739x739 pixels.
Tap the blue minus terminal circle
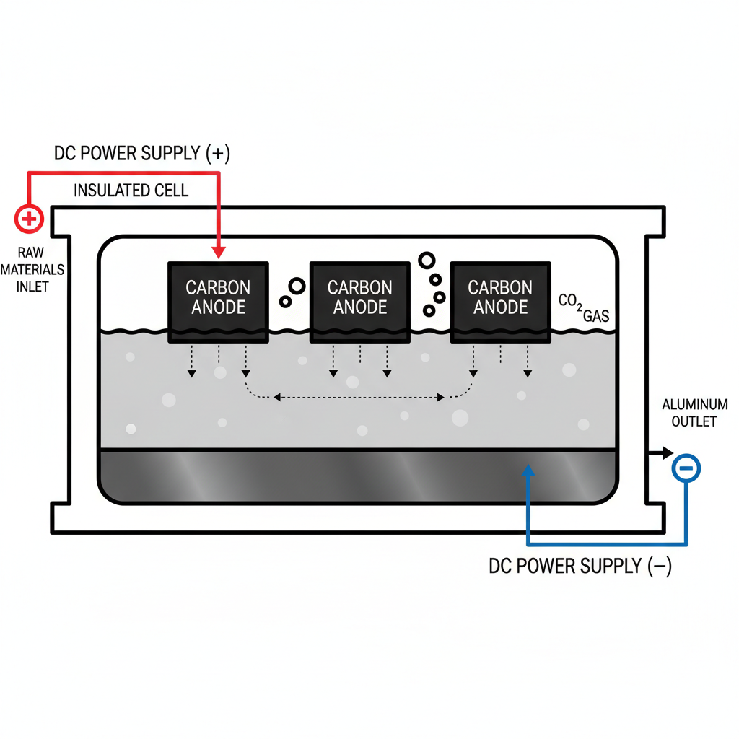(686, 469)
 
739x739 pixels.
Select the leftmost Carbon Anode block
(219, 299)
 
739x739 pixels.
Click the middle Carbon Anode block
(360, 299)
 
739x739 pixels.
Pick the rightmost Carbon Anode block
(501, 299)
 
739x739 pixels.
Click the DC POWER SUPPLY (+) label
(142, 153)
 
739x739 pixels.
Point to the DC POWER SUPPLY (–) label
(580, 567)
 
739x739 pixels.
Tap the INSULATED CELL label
(131, 191)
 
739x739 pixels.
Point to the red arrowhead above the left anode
(219, 253)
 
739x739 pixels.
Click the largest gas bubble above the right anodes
(427, 260)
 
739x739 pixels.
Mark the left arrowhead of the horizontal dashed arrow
(276, 397)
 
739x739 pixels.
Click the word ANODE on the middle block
(360, 308)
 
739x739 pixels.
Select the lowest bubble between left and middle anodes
(285, 302)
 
